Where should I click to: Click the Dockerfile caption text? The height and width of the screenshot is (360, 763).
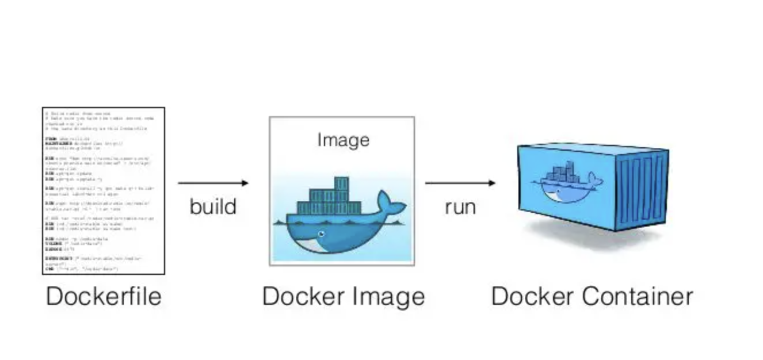104,297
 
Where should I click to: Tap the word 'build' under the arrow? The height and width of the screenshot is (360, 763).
213,206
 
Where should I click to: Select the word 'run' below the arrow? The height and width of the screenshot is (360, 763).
460,206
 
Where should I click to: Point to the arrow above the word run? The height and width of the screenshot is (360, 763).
459,183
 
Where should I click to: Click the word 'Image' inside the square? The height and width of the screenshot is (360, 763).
343,140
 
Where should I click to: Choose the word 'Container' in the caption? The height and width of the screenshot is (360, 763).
639,297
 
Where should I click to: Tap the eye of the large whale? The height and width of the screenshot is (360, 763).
321,233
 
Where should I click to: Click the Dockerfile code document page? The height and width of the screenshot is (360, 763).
104,190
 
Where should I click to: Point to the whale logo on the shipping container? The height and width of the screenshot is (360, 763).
567,182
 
